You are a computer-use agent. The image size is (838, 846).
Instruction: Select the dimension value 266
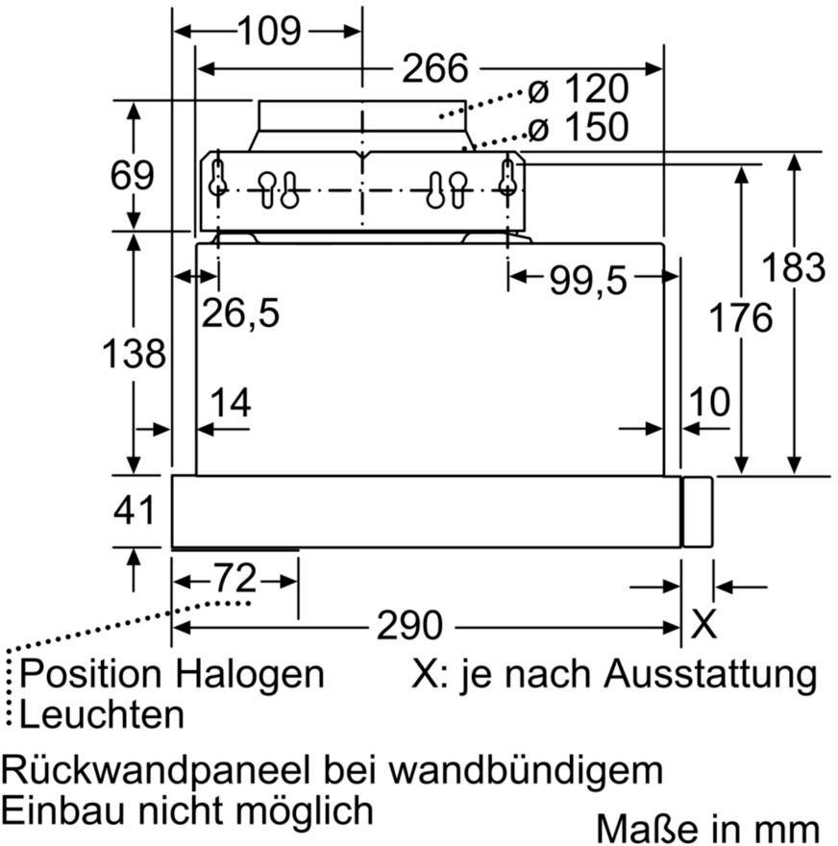point(435,68)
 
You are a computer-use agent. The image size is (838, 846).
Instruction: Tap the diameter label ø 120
point(579,89)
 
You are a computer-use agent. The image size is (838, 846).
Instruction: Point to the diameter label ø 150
point(579,127)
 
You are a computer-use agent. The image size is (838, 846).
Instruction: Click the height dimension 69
point(132,175)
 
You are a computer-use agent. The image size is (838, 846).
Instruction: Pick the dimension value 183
point(793,267)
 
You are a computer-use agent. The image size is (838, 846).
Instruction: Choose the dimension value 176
point(741,317)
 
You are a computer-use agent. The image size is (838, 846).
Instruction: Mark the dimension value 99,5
point(588,281)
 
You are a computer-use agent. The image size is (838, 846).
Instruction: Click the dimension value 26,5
point(240,313)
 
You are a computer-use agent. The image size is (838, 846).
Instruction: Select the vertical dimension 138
point(134,354)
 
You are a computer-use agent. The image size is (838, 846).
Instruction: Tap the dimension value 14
point(231,403)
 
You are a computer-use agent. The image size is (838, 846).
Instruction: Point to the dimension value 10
point(709,402)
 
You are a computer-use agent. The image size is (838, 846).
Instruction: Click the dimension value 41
point(135,510)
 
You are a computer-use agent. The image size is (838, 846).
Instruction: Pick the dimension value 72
point(235,578)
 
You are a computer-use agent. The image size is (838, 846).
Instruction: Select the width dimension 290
point(409,625)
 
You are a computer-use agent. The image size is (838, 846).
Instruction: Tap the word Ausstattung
point(711,675)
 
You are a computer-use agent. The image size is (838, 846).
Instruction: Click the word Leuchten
point(102,715)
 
